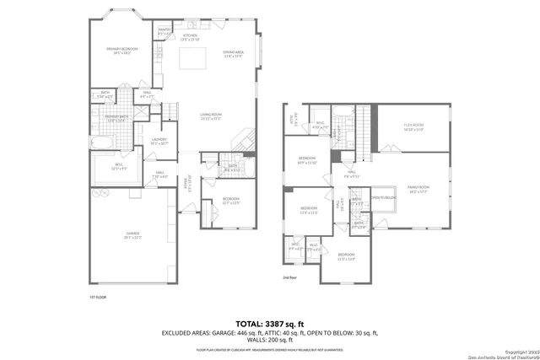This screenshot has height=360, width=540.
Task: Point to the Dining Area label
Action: pos(234,55)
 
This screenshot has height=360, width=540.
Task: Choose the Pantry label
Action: pos(165,32)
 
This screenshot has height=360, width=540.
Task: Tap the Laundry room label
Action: pos(159,142)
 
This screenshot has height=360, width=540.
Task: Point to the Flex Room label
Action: pos(413,128)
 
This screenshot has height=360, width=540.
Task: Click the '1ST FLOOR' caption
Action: pos(98,297)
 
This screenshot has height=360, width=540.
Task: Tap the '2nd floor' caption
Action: pos(290,276)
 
